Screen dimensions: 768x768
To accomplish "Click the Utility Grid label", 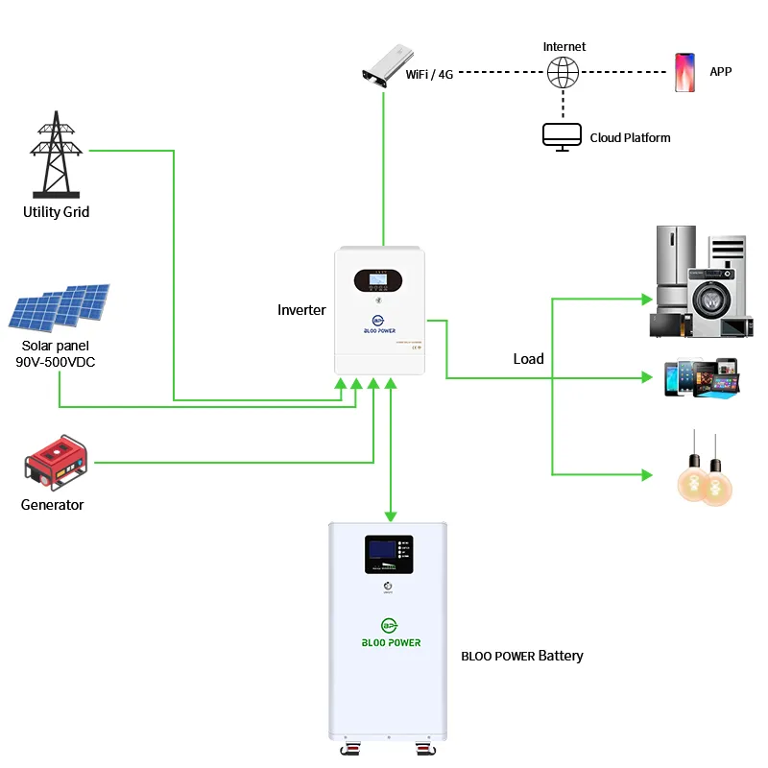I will tap(56, 211).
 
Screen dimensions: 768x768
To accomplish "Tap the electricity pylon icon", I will tap(57, 154).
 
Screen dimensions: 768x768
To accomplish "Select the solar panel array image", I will tap(60, 308).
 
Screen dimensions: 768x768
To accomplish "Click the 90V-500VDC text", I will tap(56, 362).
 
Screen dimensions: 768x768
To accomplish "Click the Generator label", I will tap(52, 505).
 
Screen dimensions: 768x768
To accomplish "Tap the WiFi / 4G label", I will tap(430, 73).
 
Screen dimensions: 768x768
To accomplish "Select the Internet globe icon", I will tap(563, 72).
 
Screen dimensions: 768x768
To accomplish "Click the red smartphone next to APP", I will tap(684, 72).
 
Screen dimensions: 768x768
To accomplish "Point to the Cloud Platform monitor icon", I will tap(562, 136).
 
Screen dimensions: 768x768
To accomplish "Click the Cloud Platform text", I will tap(630, 137).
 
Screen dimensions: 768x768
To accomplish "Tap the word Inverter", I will tap(301, 310).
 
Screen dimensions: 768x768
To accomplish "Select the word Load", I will tap(528, 359).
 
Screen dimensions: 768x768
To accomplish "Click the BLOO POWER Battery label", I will tap(522, 656).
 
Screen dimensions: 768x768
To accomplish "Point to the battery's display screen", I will tap(388, 555).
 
